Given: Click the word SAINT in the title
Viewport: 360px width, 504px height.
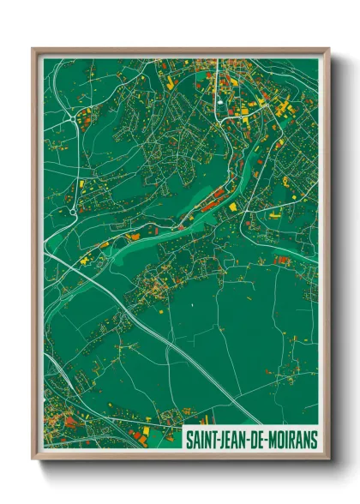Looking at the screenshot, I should pyautogui.click(x=203, y=439).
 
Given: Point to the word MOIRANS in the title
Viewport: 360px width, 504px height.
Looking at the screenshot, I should pyautogui.click(x=293, y=439).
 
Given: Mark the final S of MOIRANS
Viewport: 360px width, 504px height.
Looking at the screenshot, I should pyautogui.click(x=313, y=439).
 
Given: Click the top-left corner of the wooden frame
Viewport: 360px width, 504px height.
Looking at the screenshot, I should pyautogui.click(x=33, y=49).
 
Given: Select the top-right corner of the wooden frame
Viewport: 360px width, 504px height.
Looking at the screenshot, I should pyautogui.click(x=328, y=49).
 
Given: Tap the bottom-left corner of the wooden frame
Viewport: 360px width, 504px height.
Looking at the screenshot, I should pyautogui.click(x=33, y=459).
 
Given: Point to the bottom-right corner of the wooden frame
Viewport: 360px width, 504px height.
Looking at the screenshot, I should pyautogui.click(x=328, y=459).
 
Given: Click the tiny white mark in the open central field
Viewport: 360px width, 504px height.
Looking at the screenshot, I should pyautogui.click(x=195, y=304).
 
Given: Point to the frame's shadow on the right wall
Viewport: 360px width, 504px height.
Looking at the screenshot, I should pyautogui.click(x=336, y=257).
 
